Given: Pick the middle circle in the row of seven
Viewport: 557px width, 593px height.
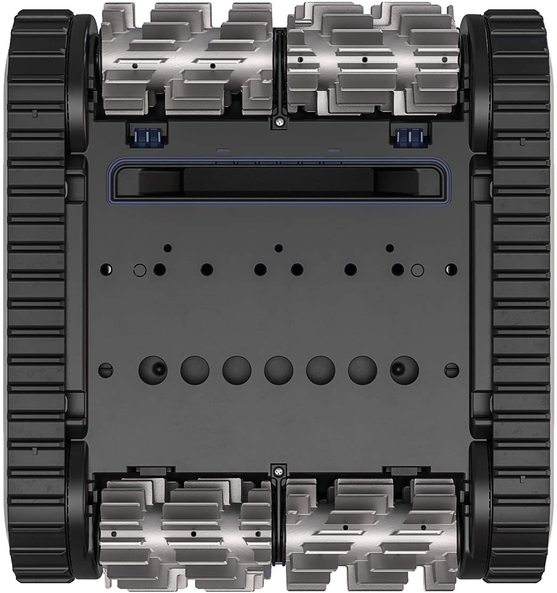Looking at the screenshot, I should tap(278, 369).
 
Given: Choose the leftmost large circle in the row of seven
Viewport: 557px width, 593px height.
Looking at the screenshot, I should tap(153, 369).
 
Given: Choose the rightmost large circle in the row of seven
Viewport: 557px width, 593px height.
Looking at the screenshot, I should tap(405, 369).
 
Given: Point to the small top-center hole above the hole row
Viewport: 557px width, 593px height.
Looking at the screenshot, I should tap(278, 247).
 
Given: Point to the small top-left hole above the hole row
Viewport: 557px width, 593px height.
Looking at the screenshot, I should tap(167, 247).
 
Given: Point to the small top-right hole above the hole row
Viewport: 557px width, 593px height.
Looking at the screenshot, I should tap(390, 247).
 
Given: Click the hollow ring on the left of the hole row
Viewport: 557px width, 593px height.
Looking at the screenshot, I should tap(139, 270).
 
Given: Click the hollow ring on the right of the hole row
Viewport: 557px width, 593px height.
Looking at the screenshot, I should tap(416, 270).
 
